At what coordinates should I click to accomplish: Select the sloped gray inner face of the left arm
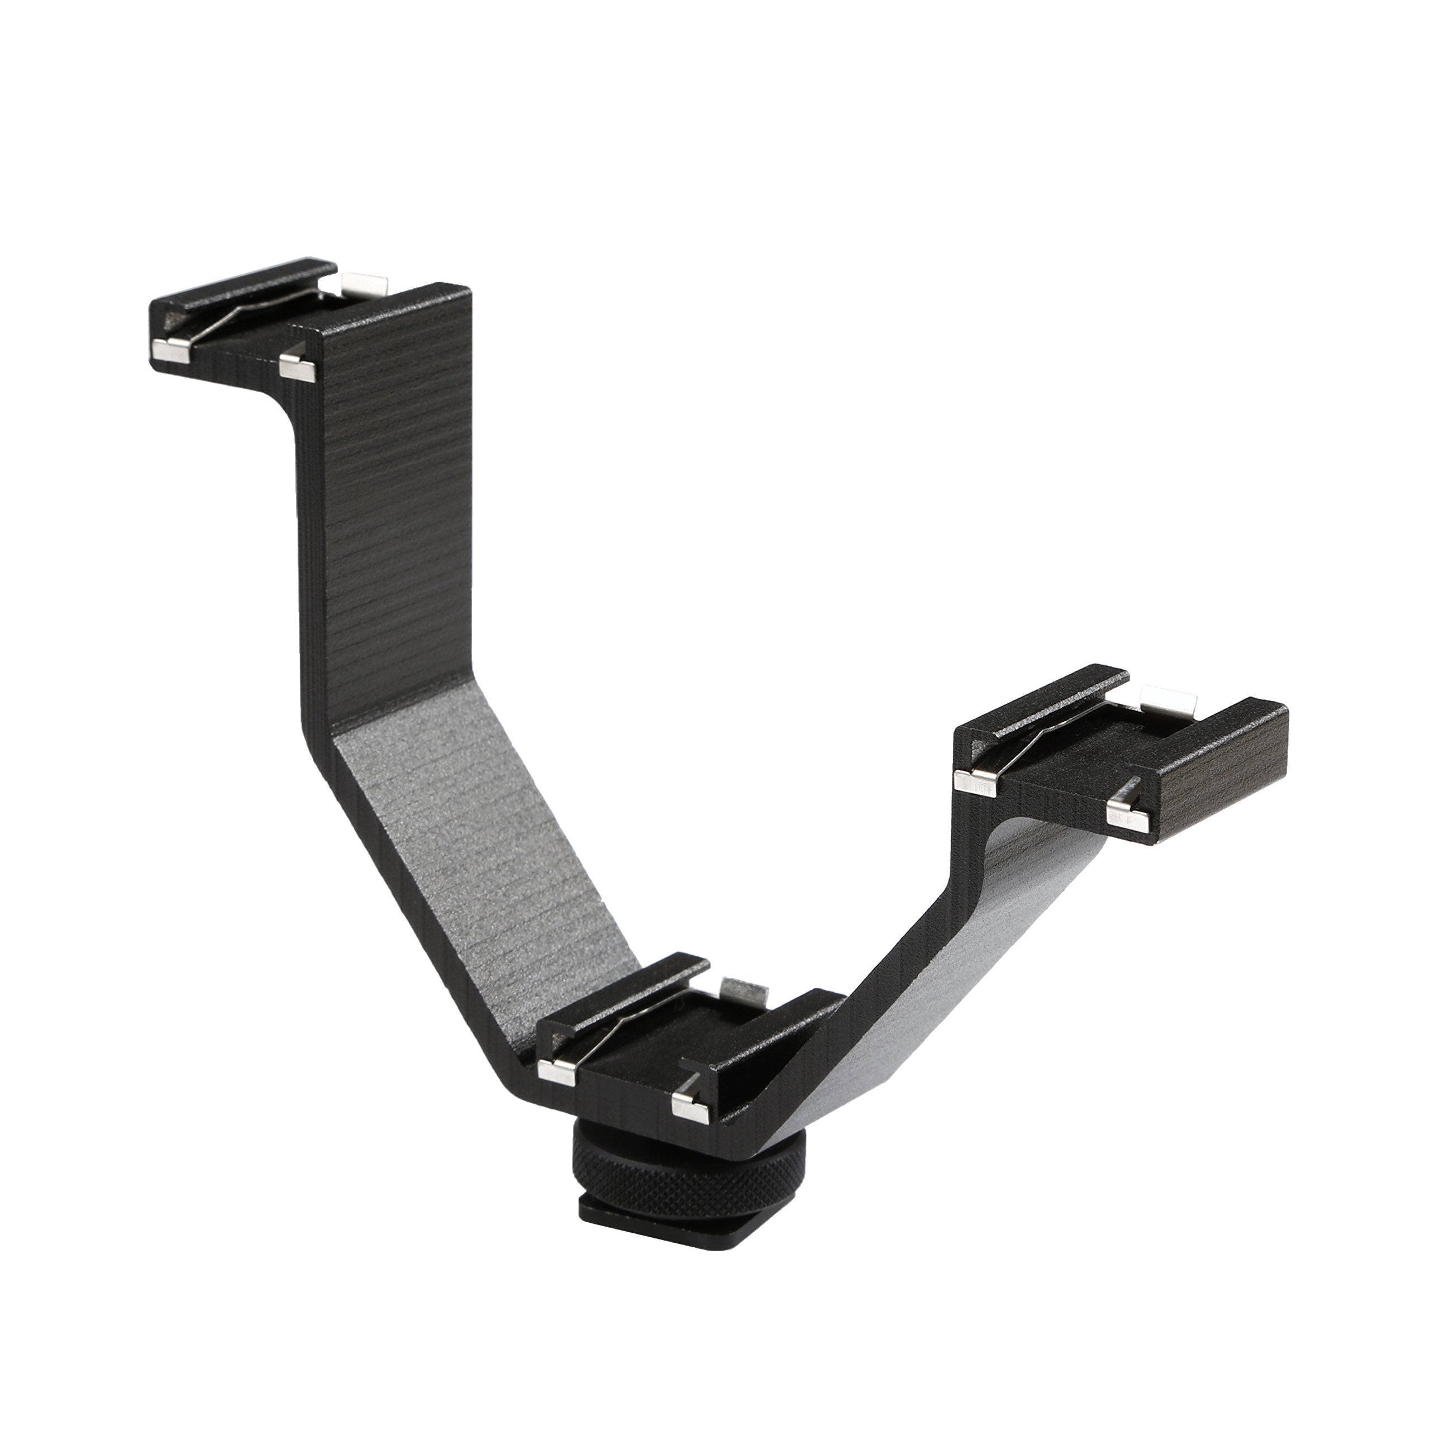click(x=474, y=836)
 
